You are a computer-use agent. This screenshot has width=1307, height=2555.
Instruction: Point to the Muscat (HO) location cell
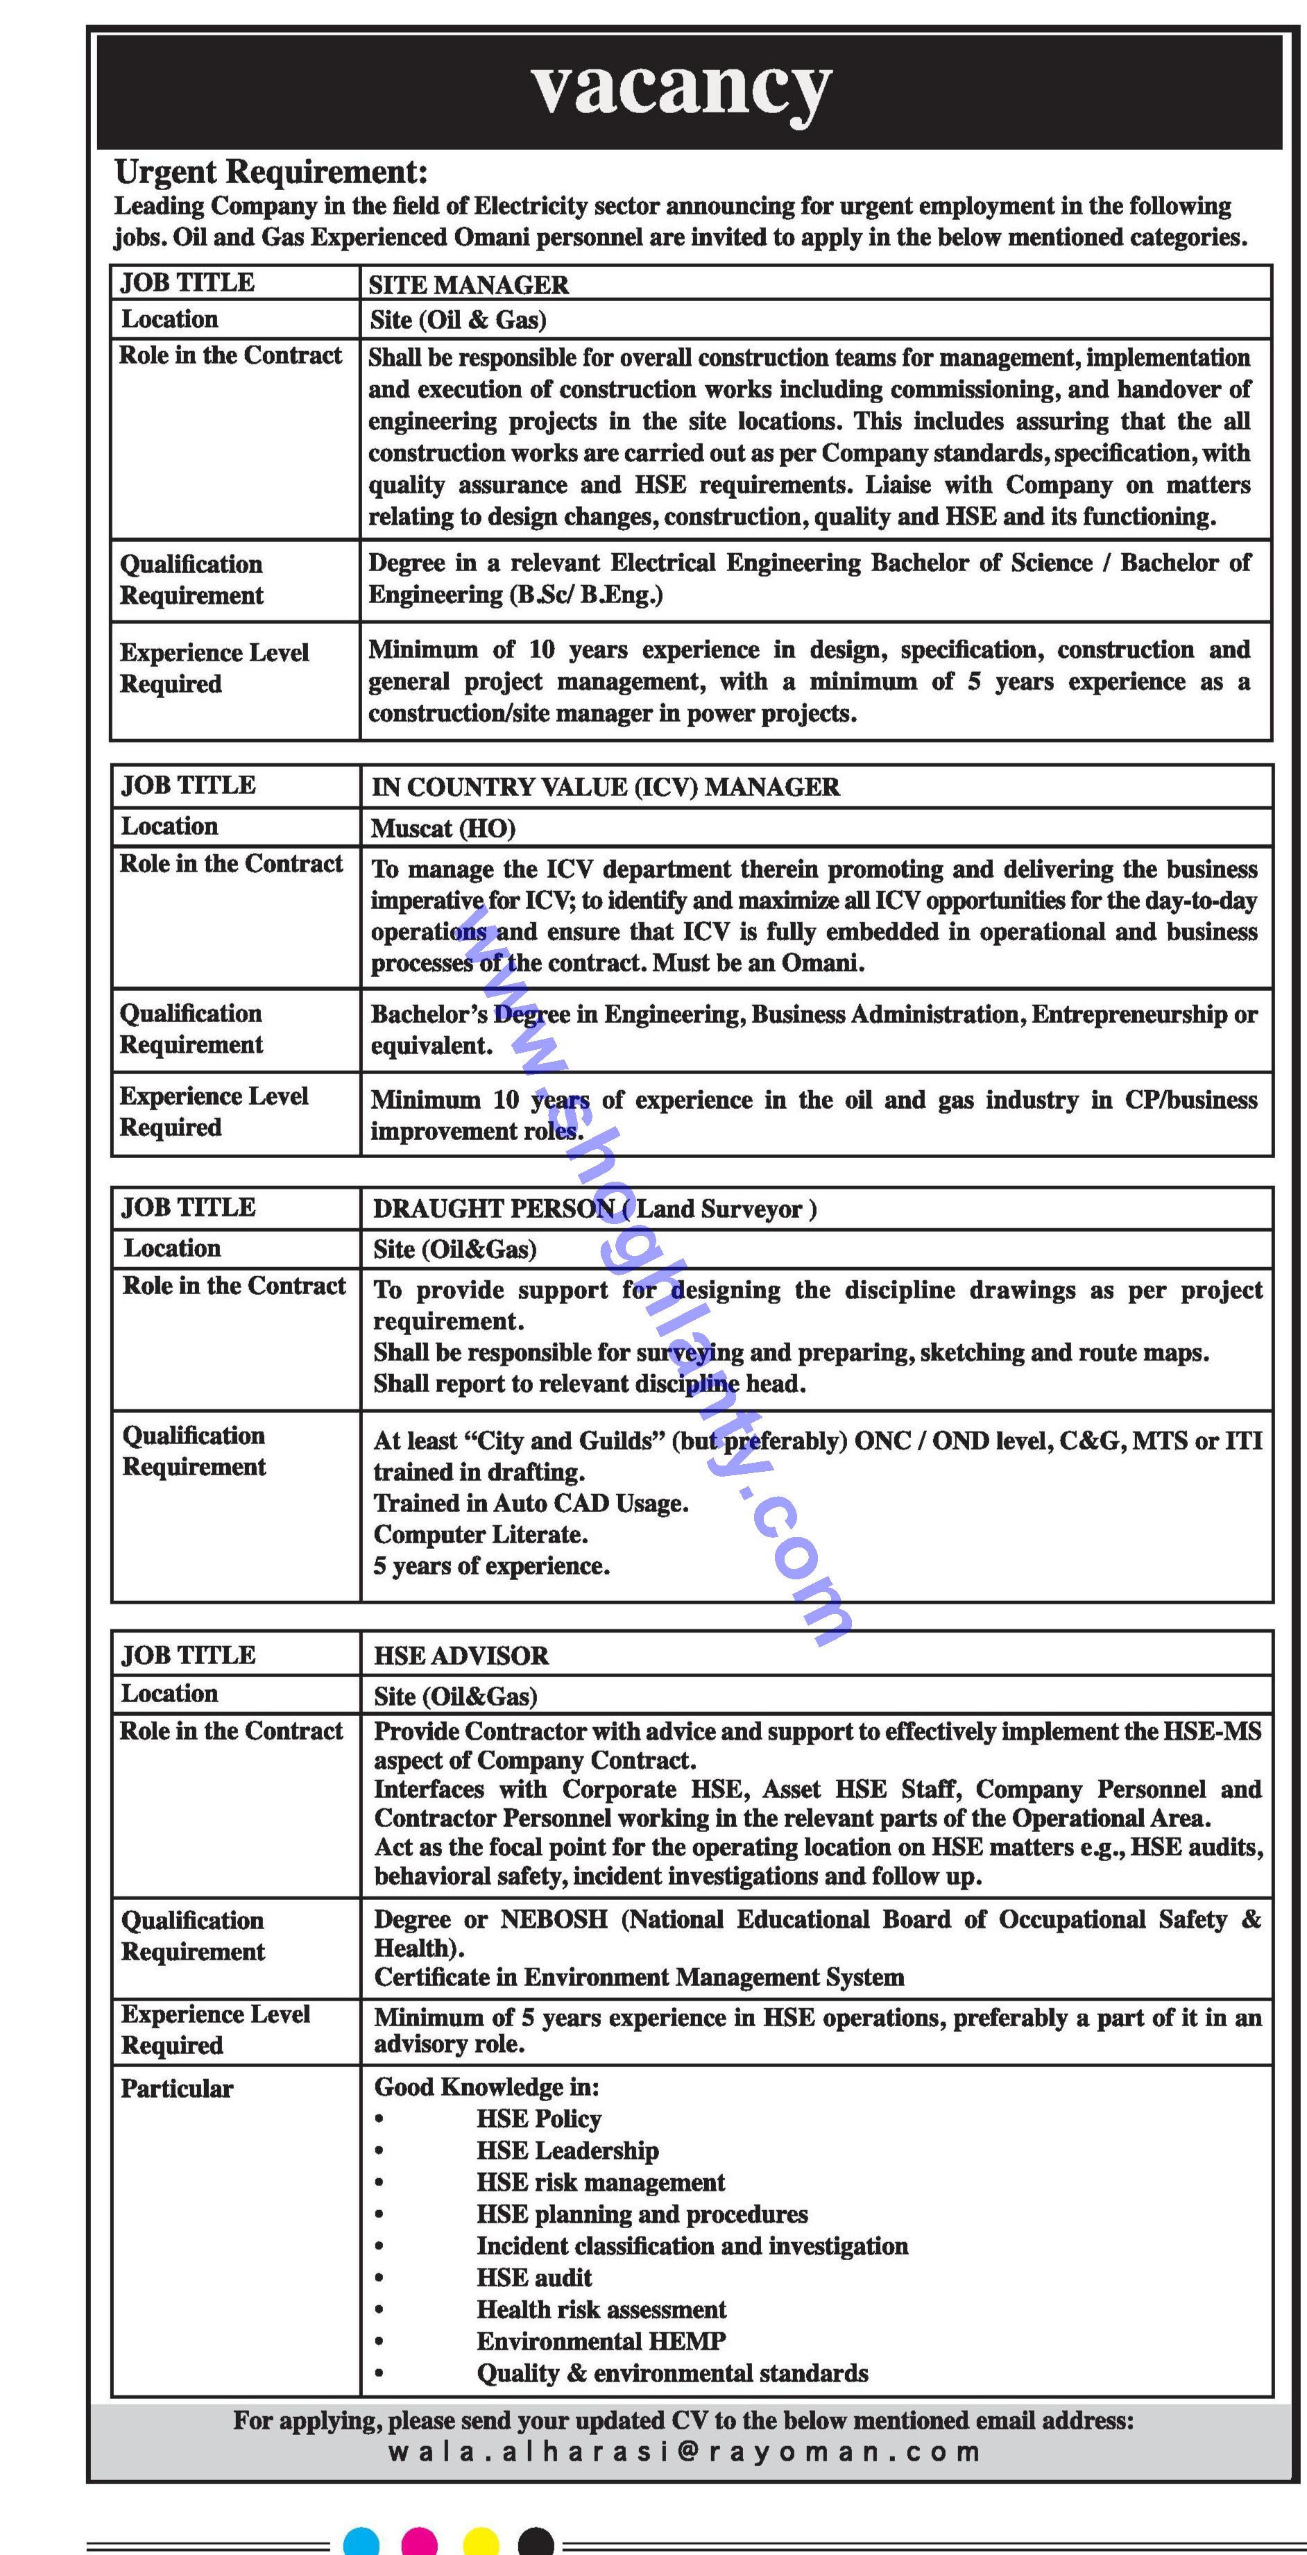(443, 829)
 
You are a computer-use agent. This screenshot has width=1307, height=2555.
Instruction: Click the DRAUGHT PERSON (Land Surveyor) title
(594, 1209)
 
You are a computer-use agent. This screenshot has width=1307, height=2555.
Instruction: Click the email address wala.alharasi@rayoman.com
(684, 2452)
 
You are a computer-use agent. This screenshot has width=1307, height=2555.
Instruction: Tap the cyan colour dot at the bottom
(361, 2542)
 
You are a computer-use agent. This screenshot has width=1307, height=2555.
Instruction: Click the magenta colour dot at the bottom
(420, 2542)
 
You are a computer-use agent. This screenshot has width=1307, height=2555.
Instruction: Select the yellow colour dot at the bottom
(481, 2542)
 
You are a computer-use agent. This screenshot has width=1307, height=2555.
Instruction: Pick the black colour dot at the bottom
(536, 2542)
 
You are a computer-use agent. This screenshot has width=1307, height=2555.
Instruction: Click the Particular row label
(176, 2089)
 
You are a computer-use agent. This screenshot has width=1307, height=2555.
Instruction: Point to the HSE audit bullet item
(533, 2277)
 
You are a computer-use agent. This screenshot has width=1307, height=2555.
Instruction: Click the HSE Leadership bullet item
(567, 2150)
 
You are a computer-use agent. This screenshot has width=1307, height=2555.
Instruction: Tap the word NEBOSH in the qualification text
(554, 1919)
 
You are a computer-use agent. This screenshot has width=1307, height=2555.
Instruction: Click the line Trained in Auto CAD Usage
(531, 1504)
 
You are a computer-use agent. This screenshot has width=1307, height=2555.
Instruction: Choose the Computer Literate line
(480, 1536)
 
